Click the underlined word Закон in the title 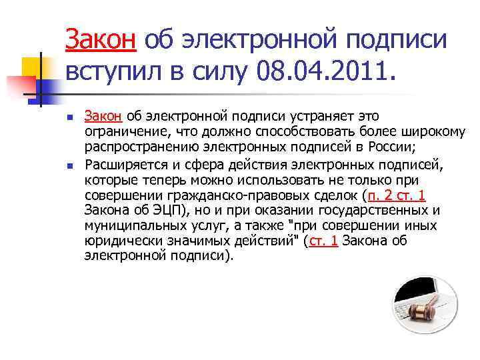pos(101,41)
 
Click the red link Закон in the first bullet pos(103,116)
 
